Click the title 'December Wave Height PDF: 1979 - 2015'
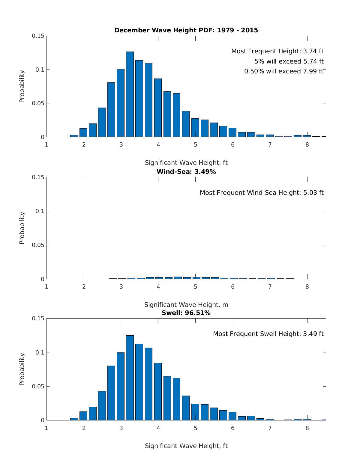[x=186, y=30]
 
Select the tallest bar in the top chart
[x=130, y=94]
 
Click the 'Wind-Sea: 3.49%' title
[x=186, y=172]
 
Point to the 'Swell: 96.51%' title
[x=186, y=313]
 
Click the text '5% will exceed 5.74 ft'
[x=289, y=61]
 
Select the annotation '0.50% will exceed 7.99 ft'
[x=284, y=71]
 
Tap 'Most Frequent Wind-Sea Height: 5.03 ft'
[x=262, y=193]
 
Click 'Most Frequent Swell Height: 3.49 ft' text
[x=268, y=334]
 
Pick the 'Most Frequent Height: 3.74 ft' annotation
[x=277, y=51]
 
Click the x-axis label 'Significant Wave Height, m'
[x=186, y=305]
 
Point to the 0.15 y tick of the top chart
[x=38, y=36]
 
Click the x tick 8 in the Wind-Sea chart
[x=307, y=286]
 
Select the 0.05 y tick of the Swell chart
[x=38, y=386]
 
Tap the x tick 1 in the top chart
[x=46, y=144]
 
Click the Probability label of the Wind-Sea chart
[x=22, y=228]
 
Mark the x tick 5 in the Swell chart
[x=195, y=428]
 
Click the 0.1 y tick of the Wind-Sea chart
[x=40, y=211]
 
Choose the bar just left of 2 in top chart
[x=74, y=136]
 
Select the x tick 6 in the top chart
[x=232, y=144]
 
